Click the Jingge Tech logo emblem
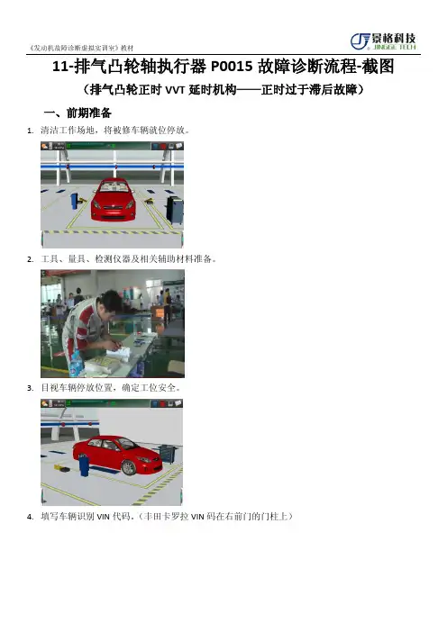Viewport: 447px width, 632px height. pos(360,41)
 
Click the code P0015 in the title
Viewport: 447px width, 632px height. pos(232,67)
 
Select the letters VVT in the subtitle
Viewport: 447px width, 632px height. pos(175,89)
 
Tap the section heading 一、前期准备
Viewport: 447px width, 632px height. pos(78,113)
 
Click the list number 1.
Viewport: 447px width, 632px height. pos(30,131)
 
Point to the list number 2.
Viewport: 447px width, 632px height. pos(30,259)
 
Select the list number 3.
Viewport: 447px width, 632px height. pos(30,389)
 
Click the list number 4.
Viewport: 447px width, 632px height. pos(30,517)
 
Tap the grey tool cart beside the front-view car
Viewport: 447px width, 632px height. pos(175,210)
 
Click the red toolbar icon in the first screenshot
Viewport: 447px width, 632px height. pos(163,146)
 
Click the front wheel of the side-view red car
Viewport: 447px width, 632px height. pos(129,467)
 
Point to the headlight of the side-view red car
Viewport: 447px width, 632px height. pos(144,459)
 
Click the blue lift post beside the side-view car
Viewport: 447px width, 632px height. pos(84,465)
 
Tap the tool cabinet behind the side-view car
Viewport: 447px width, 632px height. pos(166,454)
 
